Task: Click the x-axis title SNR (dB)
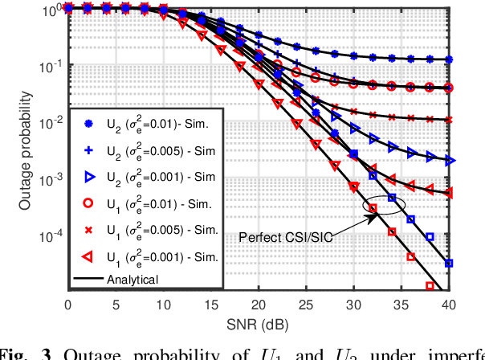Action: click(257, 325)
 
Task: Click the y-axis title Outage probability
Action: click(26, 149)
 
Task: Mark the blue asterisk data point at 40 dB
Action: click(448, 59)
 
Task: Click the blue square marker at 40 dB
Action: click(448, 263)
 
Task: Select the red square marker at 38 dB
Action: click(430, 285)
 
